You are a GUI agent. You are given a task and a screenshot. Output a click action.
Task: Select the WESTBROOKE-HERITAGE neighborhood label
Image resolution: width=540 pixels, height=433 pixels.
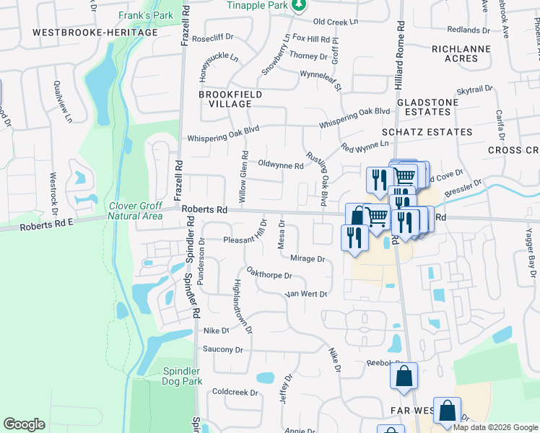click(95, 33)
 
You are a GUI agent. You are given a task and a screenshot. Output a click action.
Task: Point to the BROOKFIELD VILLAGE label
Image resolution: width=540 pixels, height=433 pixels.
click(230, 100)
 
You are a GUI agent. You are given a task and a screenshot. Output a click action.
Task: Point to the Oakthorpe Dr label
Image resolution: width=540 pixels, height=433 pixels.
click(269, 275)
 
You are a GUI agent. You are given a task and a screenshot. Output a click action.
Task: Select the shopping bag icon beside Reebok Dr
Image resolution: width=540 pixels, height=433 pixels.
click(404, 375)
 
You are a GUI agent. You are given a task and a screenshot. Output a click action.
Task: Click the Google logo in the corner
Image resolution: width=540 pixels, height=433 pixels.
click(24, 424)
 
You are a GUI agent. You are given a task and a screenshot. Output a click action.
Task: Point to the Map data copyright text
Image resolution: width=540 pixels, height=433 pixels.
click(495, 427)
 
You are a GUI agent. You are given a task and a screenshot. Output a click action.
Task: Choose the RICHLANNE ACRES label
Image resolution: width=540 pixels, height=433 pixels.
click(461, 54)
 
